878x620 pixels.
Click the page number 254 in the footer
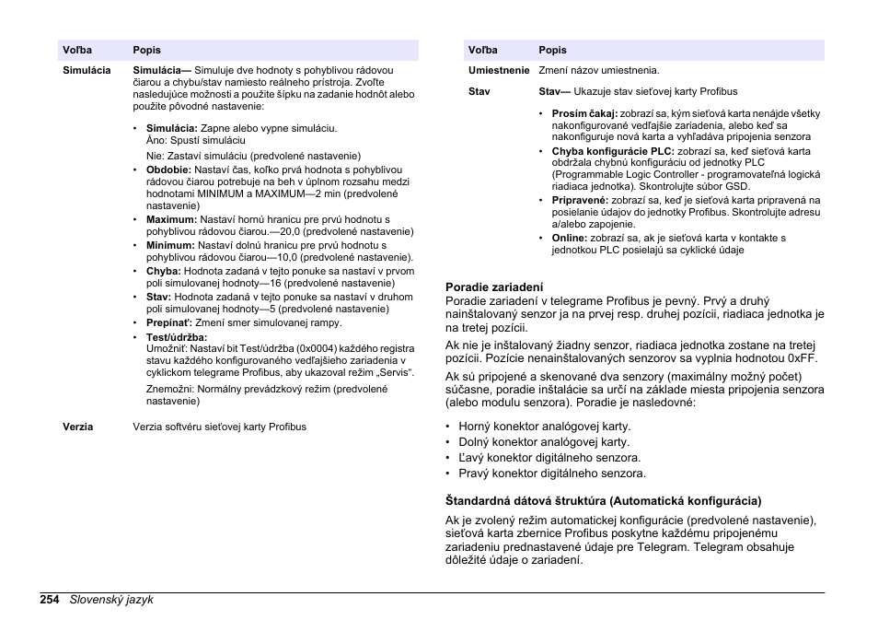pos(50,600)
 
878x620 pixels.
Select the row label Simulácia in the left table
pos(87,70)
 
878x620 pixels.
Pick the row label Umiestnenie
pos(499,70)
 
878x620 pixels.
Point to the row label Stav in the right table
pos(479,91)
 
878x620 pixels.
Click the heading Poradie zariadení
pos(494,287)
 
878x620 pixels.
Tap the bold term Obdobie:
pos(168,170)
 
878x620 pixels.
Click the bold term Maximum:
pos(171,220)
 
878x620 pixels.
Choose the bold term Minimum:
pos(170,246)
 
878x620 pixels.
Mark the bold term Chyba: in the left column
pos(164,272)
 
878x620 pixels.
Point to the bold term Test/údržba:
pos(177,338)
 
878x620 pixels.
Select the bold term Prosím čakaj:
pos(584,114)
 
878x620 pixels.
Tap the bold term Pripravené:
pos(580,200)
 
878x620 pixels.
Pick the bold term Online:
pos(570,238)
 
